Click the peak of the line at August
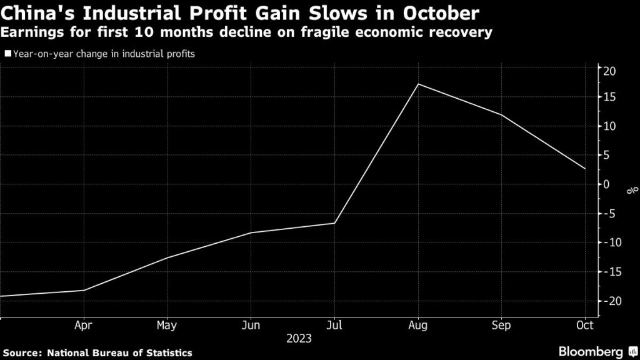pos(418,84)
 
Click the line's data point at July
pos(334,223)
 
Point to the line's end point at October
pos(585,169)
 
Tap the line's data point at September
pos(501,115)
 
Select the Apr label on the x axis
pos(84,326)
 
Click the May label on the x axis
pos(167,326)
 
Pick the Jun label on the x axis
pos(251,326)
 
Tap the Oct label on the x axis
pos(585,326)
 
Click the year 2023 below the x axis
pos(298,339)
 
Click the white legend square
pos(7,54)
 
